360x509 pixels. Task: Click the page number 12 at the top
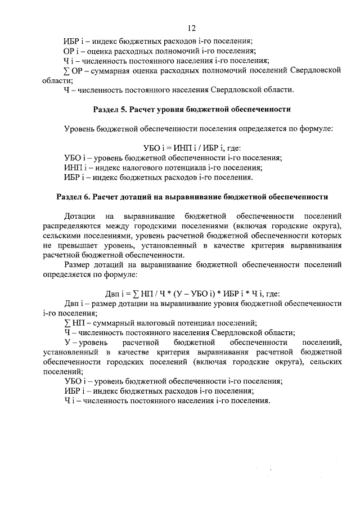192,29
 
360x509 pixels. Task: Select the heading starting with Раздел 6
192,197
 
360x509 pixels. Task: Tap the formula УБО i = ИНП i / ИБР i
191,148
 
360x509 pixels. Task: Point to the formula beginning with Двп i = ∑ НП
191,293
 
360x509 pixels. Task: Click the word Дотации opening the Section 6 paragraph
80,216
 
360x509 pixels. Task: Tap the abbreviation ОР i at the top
70,51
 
